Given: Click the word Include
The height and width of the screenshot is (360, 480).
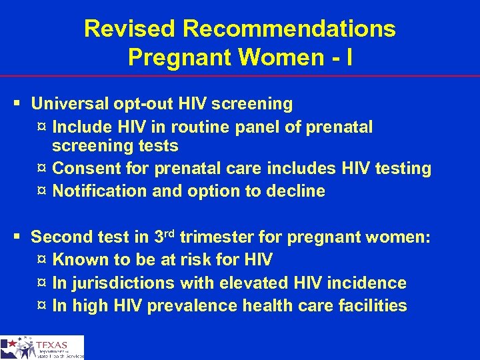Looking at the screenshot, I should click(82, 126).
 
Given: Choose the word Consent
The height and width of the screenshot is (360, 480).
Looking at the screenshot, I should click(85, 169).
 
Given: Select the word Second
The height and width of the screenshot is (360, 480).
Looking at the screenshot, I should click(62, 237).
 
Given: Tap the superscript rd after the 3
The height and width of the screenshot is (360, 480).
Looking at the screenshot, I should click(170, 233).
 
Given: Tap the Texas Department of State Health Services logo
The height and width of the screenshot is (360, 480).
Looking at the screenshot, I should click(42, 347).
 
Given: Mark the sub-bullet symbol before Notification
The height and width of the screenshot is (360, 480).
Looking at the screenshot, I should click(42, 192).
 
